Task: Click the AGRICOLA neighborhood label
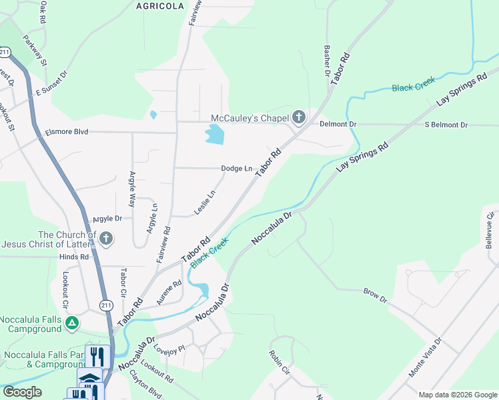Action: pos(159,5)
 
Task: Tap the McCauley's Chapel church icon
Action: pos(298,119)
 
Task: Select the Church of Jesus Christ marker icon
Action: pos(105,239)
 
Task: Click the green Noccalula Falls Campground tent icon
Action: pos(72,324)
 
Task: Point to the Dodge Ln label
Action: pos(237,169)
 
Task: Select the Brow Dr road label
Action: pos(375,295)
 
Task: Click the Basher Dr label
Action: pos(327,61)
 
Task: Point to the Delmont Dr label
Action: pos(338,124)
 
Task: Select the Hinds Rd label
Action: pos(73,257)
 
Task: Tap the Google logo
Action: pos(23,392)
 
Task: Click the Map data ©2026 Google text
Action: pos(456,395)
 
